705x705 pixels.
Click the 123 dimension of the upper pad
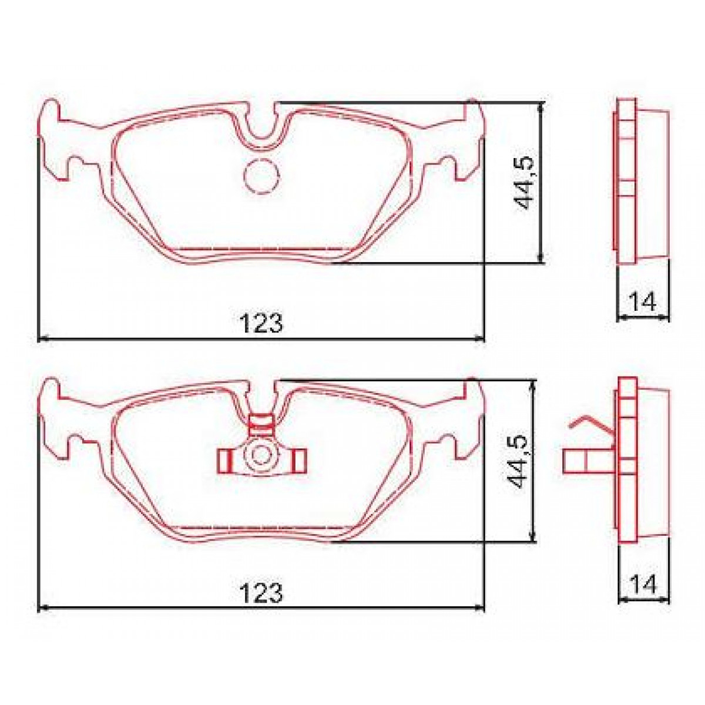(261, 324)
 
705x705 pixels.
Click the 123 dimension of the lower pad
(261, 595)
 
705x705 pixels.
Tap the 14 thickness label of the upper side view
(642, 303)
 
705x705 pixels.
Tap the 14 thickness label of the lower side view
(642, 585)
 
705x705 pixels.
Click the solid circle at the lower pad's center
(260, 455)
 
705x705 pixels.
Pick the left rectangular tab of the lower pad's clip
(224, 461)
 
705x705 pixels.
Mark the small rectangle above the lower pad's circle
(261, 424)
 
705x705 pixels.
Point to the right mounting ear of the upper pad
(467, 141)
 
